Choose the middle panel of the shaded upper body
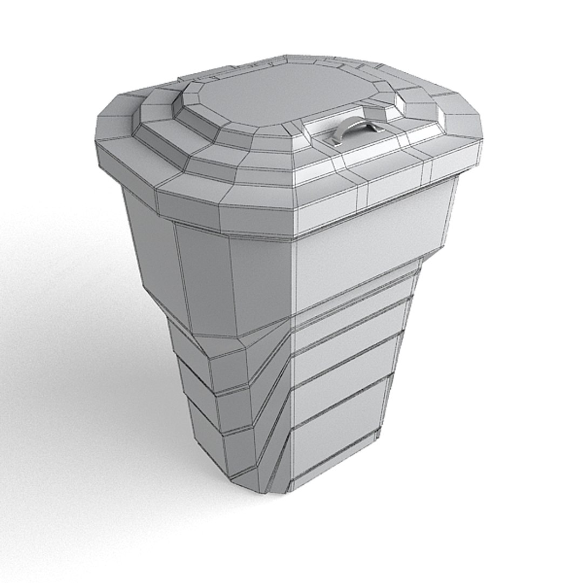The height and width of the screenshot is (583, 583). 205,275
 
